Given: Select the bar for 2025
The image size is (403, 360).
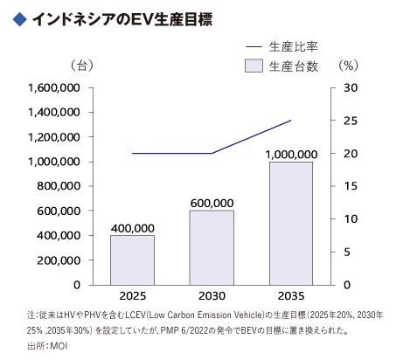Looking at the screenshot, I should click(132, 260).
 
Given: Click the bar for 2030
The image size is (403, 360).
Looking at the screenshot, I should click(212, 247).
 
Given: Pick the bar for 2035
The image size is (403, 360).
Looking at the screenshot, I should click(290, 223).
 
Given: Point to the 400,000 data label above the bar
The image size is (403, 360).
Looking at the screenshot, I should click(132, 227).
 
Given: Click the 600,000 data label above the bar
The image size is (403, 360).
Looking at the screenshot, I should click(212, 203).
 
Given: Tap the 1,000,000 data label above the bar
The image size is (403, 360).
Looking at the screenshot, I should click(290, 154).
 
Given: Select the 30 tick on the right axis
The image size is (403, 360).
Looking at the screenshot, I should click(348, 88).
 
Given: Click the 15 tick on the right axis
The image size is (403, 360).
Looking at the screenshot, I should click(348, 186).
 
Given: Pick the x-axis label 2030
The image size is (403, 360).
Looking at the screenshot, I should click(212, 297).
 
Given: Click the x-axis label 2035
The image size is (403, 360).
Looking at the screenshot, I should click(290, 297).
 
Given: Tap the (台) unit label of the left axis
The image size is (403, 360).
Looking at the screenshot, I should click(80, 66).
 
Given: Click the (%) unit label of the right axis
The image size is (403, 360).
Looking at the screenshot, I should click(348, 66).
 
